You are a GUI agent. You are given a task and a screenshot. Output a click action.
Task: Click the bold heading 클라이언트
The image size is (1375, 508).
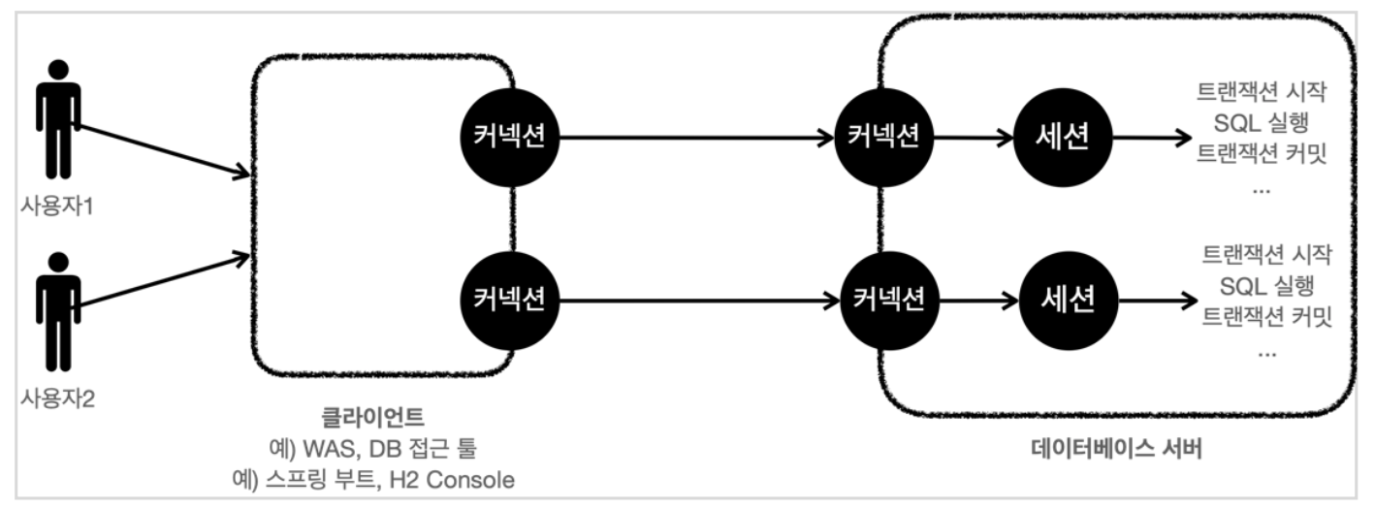372,418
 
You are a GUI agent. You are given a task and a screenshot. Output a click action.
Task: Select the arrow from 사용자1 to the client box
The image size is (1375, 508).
161,151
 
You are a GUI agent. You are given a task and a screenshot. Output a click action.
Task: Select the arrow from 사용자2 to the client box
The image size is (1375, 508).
161,282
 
